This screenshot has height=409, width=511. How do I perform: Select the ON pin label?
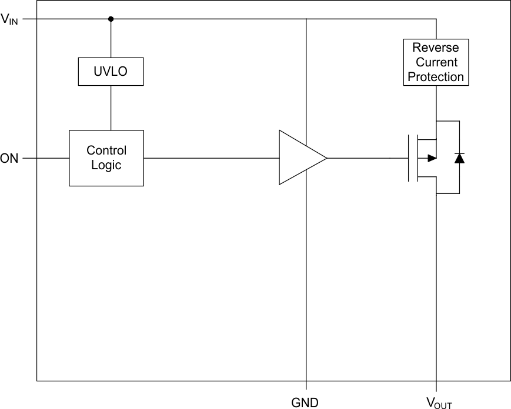pos(9,158)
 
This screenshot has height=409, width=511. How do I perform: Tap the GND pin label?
pos(305,403)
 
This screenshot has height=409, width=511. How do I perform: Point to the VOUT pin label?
pos(439,403)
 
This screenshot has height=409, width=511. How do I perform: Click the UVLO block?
pos(111,72)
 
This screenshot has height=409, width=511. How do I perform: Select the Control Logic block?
pos(106,158)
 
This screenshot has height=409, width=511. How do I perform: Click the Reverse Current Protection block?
pos(436,62)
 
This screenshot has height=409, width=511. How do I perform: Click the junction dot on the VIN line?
pos(111,19)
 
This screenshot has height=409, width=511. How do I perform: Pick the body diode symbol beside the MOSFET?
pos(459,158)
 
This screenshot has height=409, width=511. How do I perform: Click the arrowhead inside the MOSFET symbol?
pos(432,158)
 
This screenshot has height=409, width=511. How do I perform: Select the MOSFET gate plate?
pos(409,158)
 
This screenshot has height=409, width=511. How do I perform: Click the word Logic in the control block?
pos(106,165)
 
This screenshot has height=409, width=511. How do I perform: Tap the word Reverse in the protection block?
pos(436,48)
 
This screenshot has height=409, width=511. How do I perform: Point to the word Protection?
pos(436,77)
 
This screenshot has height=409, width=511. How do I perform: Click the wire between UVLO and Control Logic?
pos(111,107)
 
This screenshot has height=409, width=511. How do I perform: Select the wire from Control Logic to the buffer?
pos(212,158)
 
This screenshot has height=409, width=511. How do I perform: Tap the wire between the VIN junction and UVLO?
pos(111,39)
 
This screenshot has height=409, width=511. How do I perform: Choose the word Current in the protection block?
pos(436,62)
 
